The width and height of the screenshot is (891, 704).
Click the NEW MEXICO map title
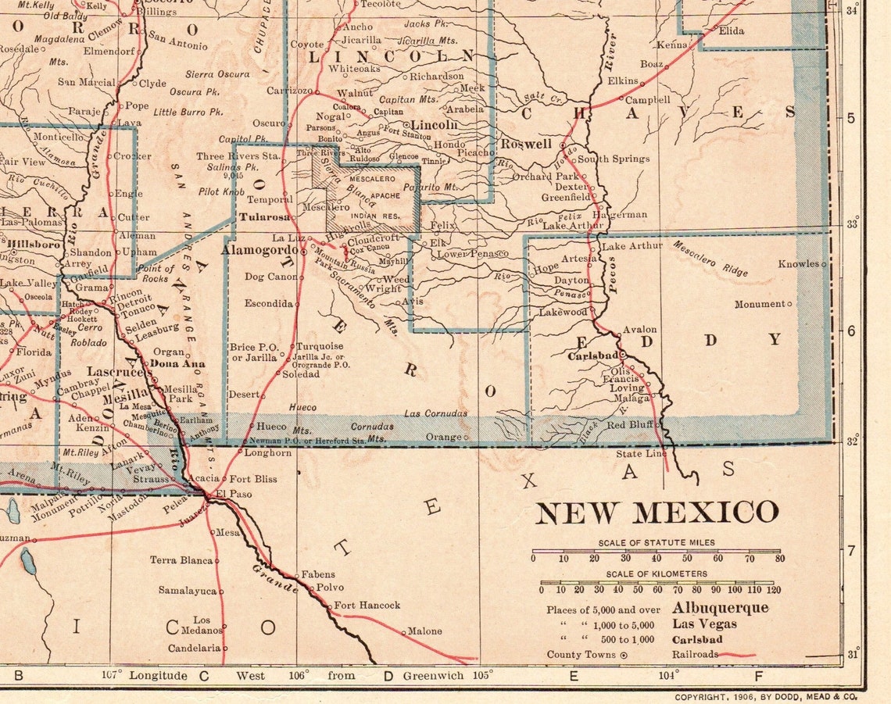(x=657, y=513)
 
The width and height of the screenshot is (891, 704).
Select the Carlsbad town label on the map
(x=593, y=356)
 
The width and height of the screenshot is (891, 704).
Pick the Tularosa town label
(x=264, y=216)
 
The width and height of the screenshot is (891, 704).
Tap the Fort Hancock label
(x=367, y=605)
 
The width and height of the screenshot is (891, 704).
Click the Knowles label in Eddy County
(x=797, y=263)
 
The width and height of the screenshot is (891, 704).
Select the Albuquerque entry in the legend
(x=720, y=608)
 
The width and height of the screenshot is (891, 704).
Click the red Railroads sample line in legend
(x=737, y=655)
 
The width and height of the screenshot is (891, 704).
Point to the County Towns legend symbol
(x=623, y=656)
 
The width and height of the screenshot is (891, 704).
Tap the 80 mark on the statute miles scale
(x=778, y=559)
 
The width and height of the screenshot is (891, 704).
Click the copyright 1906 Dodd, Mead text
(x=765, y=695)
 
